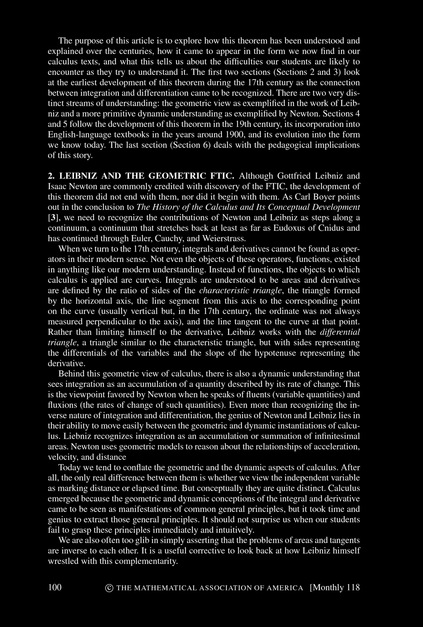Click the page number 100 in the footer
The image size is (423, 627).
click(x=55, y=587)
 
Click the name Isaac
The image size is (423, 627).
click(x=59, y=186)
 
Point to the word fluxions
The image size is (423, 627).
click(x=62, y=405)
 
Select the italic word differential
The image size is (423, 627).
click(x=340, y=332)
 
